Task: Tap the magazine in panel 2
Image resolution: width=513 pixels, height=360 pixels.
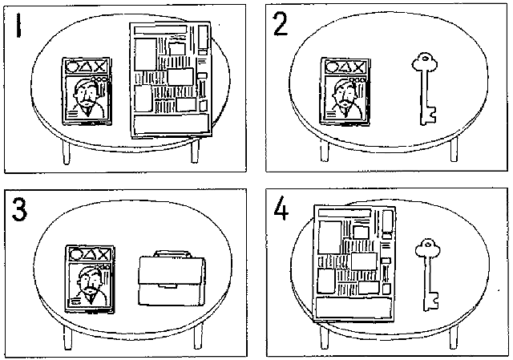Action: point(343,91)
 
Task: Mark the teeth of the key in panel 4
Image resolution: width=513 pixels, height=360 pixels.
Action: point(434,299)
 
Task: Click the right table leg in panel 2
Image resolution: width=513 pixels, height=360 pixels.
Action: point(453,148)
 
